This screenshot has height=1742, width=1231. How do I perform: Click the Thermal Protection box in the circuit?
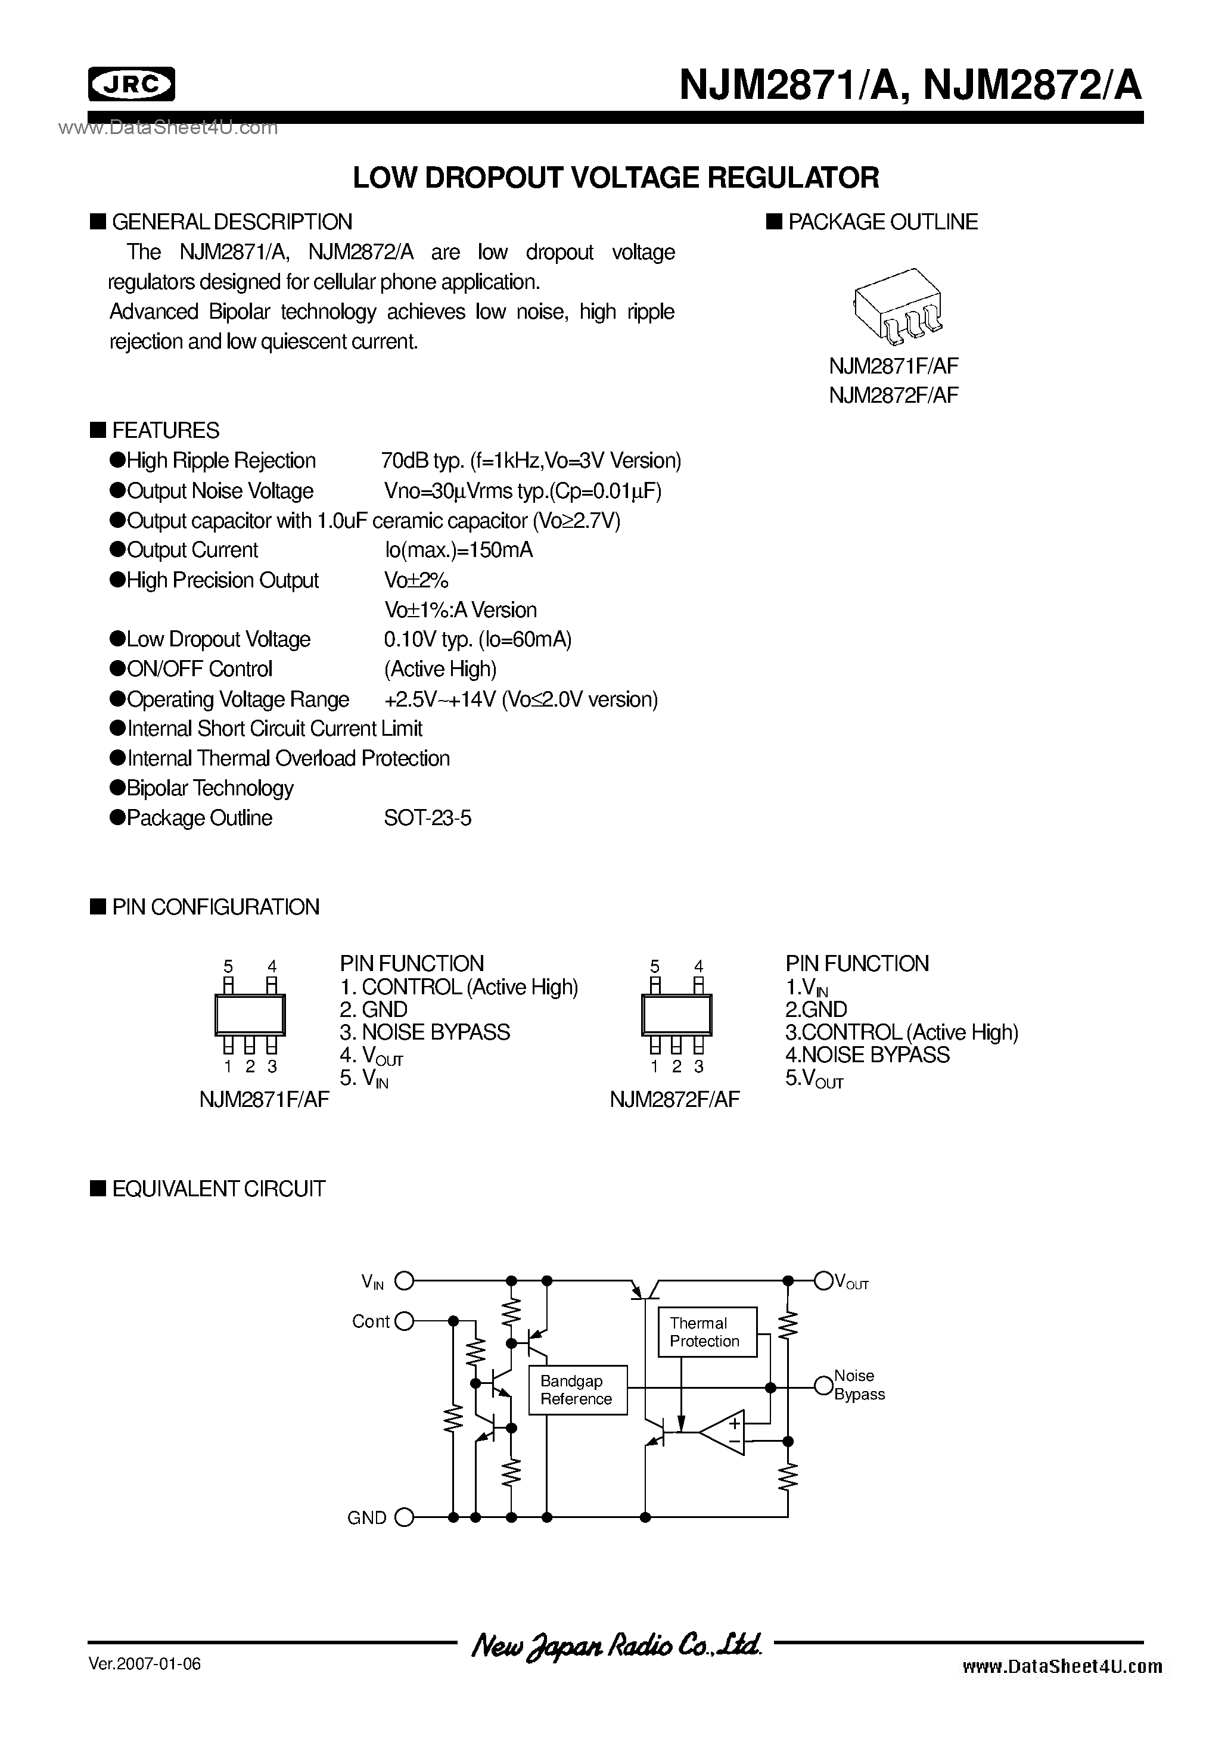pos(707,1332)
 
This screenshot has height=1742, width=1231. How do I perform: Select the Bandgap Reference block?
pos(577,1390)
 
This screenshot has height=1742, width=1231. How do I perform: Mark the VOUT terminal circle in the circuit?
pos(823,1281)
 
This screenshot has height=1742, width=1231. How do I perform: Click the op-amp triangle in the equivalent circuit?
pos(725,1432)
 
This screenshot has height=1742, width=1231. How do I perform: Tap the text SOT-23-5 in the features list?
pos(427,818)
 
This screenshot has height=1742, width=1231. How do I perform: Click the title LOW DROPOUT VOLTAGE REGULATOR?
pos(615,178)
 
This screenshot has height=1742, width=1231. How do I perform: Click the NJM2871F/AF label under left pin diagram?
pos(264,1099)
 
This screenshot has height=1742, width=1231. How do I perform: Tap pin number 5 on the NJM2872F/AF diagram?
pos(655,966)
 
